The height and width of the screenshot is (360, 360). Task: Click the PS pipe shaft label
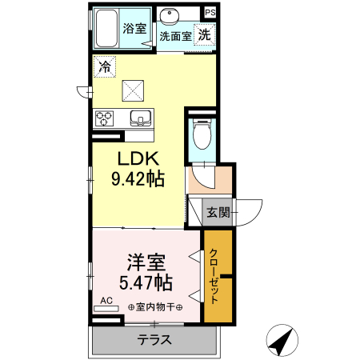pos(210,13)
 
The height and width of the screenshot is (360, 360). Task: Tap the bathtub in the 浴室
pos(106,29)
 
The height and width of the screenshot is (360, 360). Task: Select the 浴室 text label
pos(134,29)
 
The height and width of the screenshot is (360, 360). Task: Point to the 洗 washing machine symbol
pos(205,34)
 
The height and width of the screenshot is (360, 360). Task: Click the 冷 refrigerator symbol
pos(105,66)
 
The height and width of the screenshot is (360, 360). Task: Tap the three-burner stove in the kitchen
pos(104,118)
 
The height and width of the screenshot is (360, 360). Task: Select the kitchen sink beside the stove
pos(141,118)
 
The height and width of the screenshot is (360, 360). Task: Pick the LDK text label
pos(138,158)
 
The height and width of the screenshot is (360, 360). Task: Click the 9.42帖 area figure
pos(138,178)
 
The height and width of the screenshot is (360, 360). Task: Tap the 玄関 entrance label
pos(218,213)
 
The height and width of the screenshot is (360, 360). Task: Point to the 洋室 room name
pos(146,262)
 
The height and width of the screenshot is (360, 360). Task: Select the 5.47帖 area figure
pos(146,283)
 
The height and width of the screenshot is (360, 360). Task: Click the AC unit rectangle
pos(106,309)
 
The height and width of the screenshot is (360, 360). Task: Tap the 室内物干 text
pos(155,307)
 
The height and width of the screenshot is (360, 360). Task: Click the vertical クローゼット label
pos(214,276)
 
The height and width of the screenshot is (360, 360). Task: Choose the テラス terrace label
pos(154,340)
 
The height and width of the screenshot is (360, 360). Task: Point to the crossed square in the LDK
pos(133,90)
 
